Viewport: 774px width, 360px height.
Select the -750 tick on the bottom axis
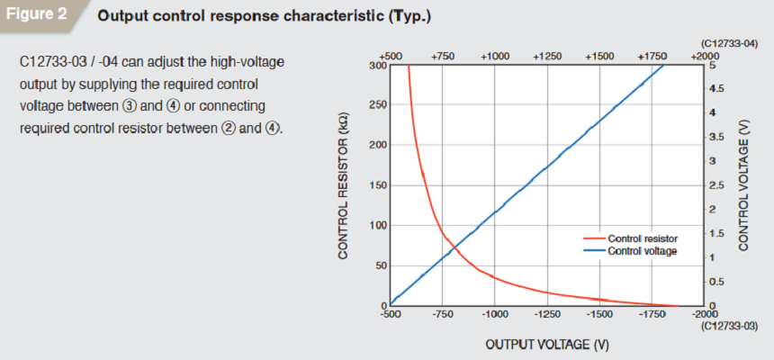[442, 315]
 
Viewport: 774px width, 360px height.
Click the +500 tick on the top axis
[391, 56]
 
